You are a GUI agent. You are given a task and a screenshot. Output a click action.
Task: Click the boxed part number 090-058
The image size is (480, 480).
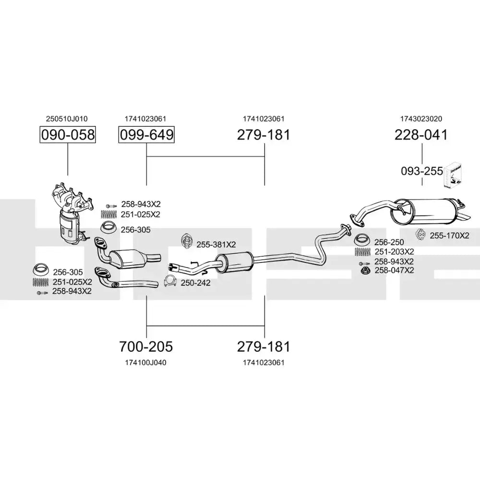[67, 135]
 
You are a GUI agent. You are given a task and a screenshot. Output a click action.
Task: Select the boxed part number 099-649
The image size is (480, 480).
[146, 135]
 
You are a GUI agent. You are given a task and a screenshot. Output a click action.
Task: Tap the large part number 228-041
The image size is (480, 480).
[421, 135]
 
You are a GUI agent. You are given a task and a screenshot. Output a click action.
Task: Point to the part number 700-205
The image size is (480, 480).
[146, 346]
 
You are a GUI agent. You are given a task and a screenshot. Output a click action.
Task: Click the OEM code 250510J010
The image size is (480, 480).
[67, 119]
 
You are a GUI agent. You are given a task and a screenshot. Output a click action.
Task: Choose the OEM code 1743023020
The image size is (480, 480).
[421, 119]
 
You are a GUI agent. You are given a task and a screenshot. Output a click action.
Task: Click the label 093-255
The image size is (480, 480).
[421, 170]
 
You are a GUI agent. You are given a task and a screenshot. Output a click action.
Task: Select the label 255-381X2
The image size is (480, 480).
[216, 245]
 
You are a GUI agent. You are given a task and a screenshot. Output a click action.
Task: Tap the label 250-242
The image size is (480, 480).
[195, 283]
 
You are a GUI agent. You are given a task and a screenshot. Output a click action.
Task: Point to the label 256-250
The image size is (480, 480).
[389, 242]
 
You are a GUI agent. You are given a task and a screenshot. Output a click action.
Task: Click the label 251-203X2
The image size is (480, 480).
[394, 252]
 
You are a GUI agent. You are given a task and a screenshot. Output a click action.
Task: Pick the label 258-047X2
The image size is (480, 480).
[394, 270]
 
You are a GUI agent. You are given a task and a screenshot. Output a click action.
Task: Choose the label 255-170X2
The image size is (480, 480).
[449, 235]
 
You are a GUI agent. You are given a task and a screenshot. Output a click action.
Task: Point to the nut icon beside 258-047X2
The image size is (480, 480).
[365, 271]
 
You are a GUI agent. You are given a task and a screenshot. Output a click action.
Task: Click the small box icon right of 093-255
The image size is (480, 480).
[454, 174]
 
